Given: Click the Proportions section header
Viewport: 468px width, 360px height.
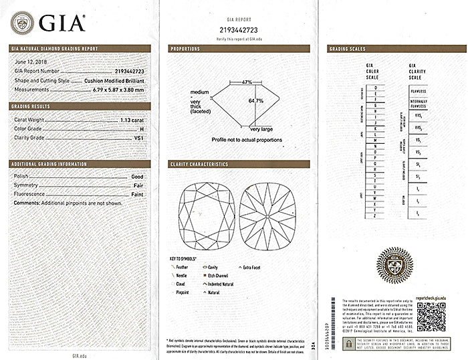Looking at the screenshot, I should (x=186, y=49).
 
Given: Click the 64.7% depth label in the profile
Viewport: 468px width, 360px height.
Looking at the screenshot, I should (x=255, y=101).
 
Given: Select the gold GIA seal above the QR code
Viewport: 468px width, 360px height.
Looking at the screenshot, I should (x=394, y=268).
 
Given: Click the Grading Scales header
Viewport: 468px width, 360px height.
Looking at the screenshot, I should (x=349, y=49).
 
